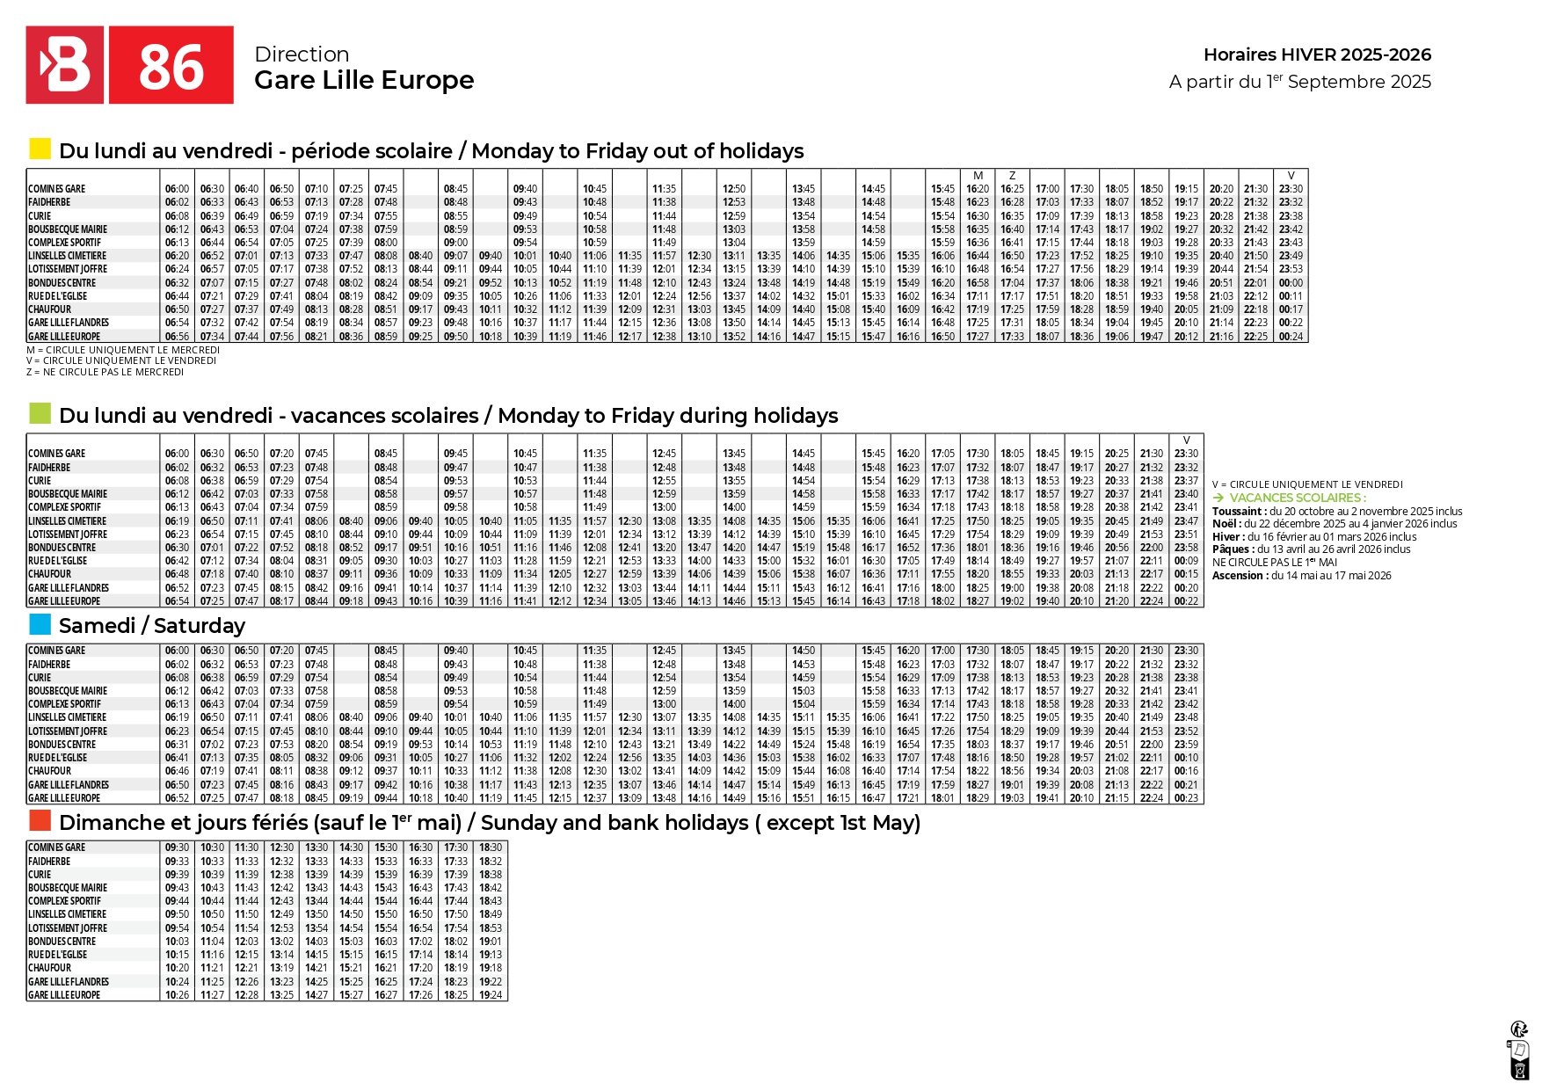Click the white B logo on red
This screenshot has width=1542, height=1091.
[65, 65]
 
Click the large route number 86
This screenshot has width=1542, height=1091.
[171, 68]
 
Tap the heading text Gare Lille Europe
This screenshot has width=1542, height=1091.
[364, 80]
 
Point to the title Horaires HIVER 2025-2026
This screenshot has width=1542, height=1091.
[1316, 55]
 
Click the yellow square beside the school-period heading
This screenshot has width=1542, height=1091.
[40, 149]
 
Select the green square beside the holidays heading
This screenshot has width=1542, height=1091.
[40, 413]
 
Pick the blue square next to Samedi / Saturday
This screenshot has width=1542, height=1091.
[40, 623]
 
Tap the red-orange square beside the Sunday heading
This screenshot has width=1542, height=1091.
[40, 820]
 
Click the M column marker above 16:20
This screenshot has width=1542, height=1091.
[978, 176]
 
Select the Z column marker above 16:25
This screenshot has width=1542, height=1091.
[1012, 176]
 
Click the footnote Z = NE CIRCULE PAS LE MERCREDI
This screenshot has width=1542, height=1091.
[105, 372]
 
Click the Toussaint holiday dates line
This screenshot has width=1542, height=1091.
[1336, 511]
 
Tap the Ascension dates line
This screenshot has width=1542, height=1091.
[1301, 576]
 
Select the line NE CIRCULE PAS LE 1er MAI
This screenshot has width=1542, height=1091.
[1274, 563]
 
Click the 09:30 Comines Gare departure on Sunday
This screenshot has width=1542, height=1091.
[177, 847]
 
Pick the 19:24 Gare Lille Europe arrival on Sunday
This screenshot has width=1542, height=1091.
[491, 995]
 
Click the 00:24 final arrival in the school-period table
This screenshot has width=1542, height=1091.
[1291, 337]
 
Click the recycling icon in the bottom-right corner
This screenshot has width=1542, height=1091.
[1518, 1029]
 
